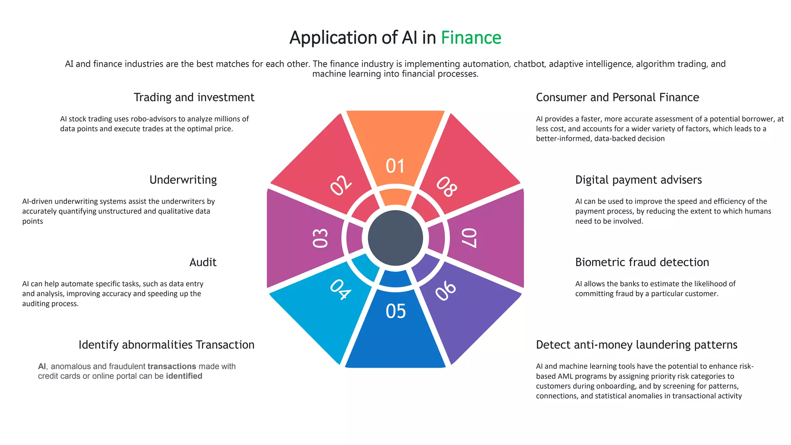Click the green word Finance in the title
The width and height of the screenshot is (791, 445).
pyautogui.click(x=471, y=38)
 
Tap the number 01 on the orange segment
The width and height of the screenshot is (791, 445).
pyautogui.click(x=395, y=166)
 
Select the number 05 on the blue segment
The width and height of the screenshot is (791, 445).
pyautogui.click(x=395, y=311)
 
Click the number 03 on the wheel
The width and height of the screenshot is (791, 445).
pyautogui.click(x=320, y=238)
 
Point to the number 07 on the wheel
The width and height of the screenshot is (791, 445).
pyautogui.click(x=470, y=238)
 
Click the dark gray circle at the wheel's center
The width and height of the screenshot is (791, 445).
pyautogui.click(x=395, y=238)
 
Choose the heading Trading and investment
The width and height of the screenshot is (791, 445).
pyautogui.click(x=194, y=97)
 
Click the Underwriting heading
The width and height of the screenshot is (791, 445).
pyautogui.click(x=183, y=180)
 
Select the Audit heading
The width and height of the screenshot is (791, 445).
pyautogui.click(x=203, y=262)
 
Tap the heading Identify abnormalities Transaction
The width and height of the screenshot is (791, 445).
pyautogui.click(x=166, y=345)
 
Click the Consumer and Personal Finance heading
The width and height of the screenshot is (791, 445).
pyautogui.click(x=617, y=97)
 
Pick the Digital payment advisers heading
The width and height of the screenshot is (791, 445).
pyautogui.click(x=638, y=180)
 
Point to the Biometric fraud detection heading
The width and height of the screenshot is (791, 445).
pyautogui.click(x=642, y=262)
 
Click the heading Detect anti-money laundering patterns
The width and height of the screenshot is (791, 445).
pyautogui.click(x=637, y=345)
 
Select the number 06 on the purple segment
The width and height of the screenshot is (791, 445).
pyautogui.click(x=446, y=290)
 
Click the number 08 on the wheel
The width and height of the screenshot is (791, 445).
pyautogui.click(x=447, y=187)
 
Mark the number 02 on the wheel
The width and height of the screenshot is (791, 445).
pyautogui.click(x=341, y=185)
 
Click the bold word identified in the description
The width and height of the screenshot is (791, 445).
pyautogui.click(x=184, y=376)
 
